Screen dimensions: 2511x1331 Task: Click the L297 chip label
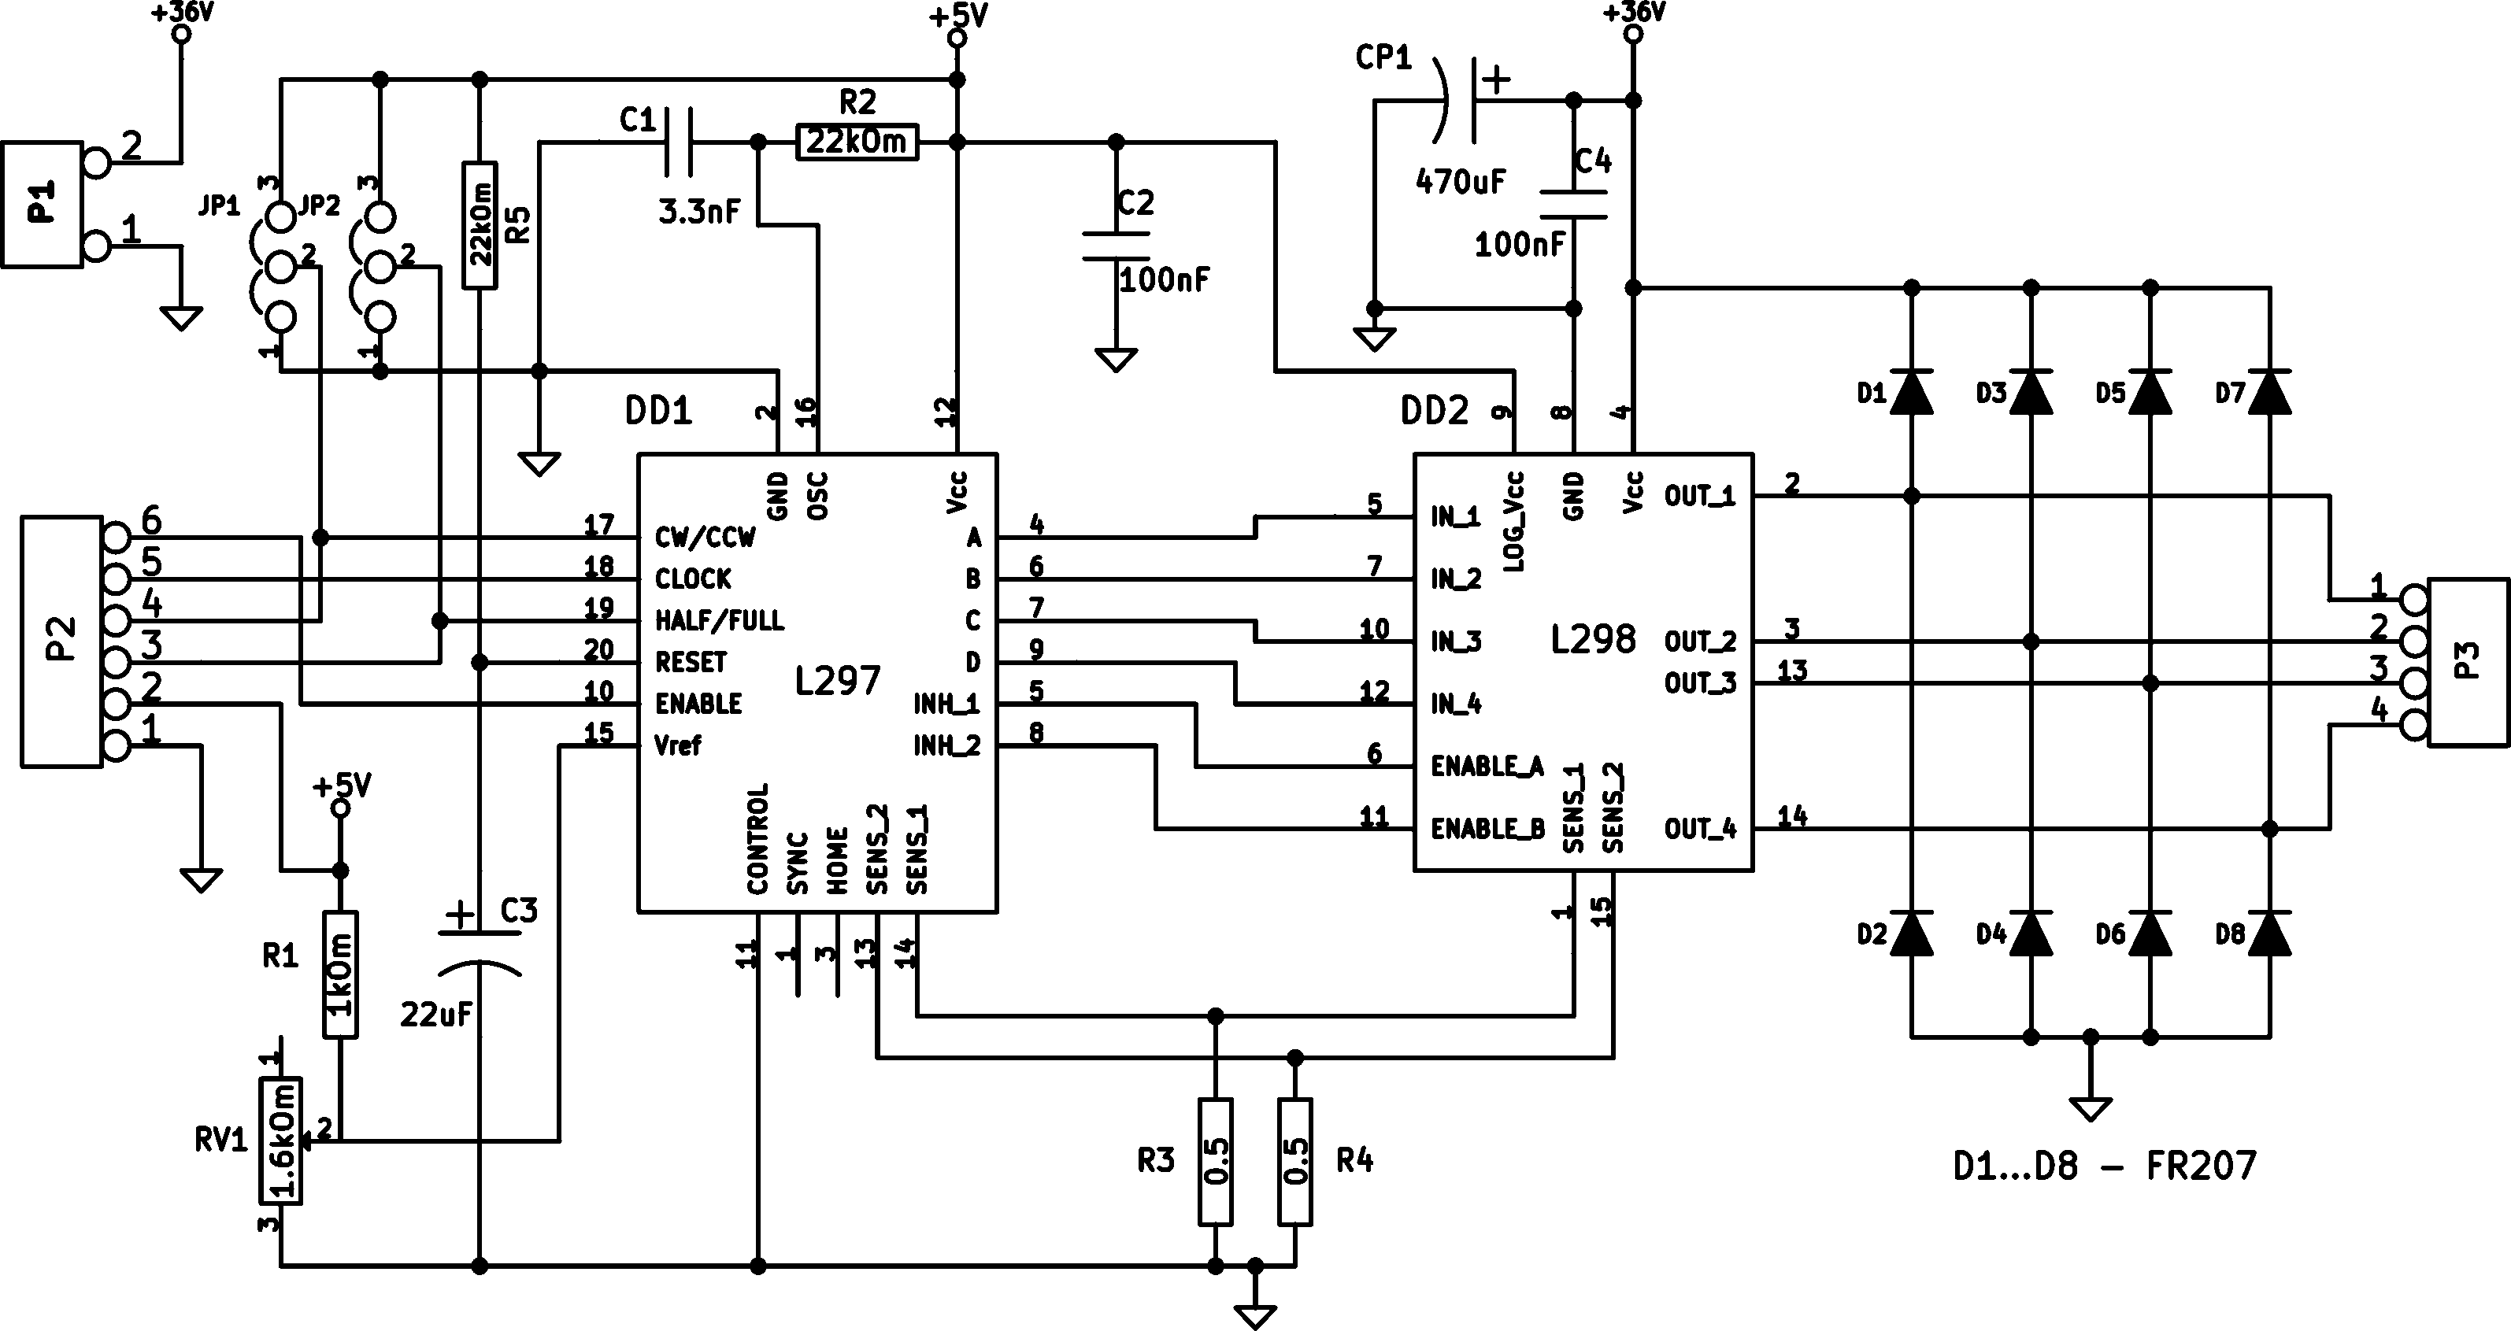(x=837, y=680)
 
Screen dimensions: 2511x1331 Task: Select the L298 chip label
(x=1593, y=639)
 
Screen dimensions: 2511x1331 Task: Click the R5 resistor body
(x=480, y=225)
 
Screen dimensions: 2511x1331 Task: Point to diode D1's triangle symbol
(x=1912, y=392)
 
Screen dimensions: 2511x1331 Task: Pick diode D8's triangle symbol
(x=2270, y=934)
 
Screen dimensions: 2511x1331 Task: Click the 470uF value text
(x=1460, y=181)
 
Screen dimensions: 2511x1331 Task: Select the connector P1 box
(x=42, y=205)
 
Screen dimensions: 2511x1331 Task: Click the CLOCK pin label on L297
(x=693, y=579)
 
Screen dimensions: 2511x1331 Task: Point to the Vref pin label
(x=677, y=745)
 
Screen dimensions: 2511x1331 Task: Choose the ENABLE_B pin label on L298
(x=1487, y=829)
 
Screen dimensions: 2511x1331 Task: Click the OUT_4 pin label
(x=1701, y=829)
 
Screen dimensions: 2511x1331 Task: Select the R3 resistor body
(x=1216, y=1162)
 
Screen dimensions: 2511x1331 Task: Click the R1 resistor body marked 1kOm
(x=340, y=974)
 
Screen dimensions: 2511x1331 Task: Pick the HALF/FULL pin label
(x=720, y=621)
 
